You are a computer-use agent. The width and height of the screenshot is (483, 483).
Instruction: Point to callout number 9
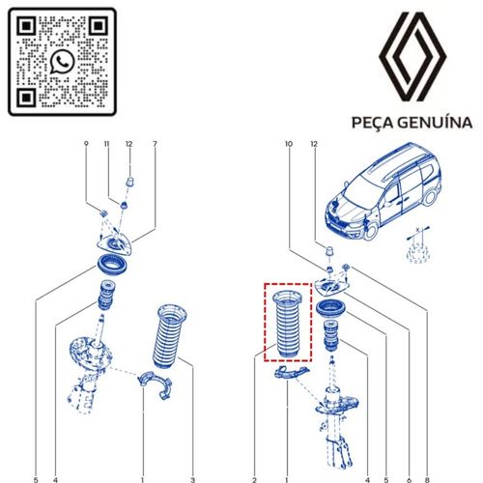86,145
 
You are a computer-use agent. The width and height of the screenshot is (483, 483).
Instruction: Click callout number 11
107,145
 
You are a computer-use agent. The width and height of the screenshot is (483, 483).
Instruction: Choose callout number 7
155,145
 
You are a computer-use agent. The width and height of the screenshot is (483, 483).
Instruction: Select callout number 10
288,145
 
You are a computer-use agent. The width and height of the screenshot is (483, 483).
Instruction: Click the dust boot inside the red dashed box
288,324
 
